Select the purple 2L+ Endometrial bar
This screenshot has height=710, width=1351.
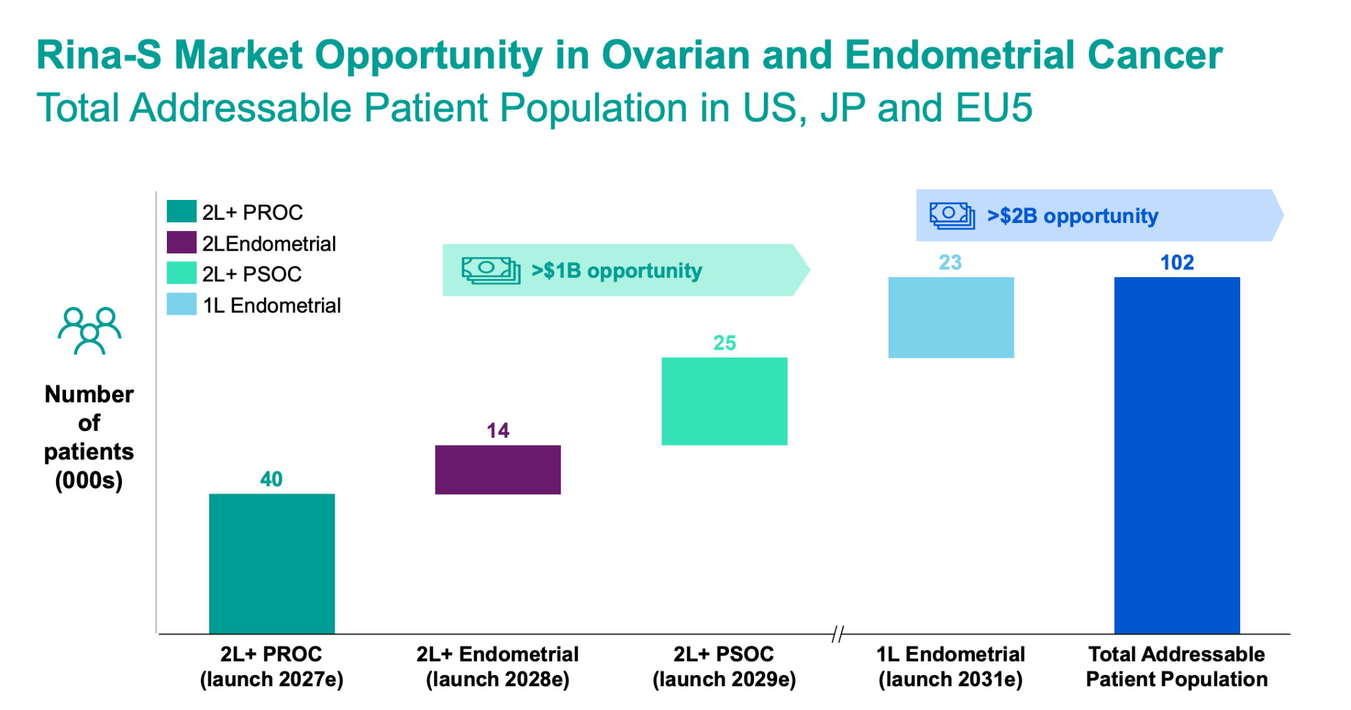[x=497, y=469]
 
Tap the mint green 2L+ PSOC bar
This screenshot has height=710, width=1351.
[x=724, y=401]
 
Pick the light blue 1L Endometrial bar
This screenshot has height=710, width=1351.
[x=951, y=317]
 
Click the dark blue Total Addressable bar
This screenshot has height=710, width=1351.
[x=1177, y=455]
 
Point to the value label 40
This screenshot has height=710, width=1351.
[x=271, y=479]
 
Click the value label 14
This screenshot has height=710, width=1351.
[x=497, y=431]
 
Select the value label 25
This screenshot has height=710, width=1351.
[x=724, y=343]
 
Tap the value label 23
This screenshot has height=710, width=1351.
[x=950, y=263]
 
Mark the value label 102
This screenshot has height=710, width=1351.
[x=1177, y=263]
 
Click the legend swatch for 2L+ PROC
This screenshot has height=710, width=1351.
[x=181, y=212]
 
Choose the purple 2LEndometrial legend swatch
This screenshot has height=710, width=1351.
[x=181, y=243]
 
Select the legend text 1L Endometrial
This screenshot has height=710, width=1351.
[x=272, y=306]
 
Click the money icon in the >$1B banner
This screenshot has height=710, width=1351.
[x=490, y=271]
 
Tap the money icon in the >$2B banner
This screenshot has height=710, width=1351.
[x=952, y=216]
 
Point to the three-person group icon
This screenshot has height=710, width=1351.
[x=89, y=331]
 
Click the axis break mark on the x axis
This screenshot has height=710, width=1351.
[x=837, y=634]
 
